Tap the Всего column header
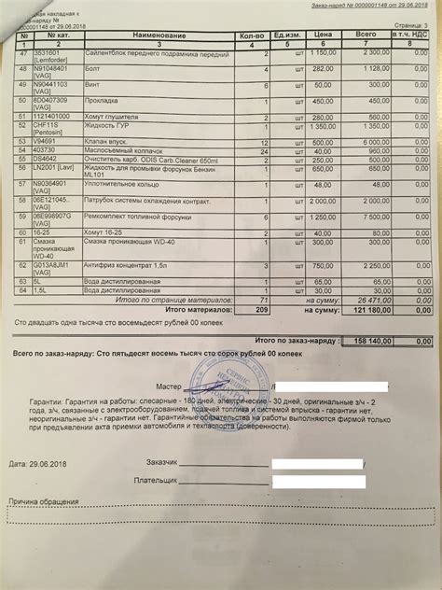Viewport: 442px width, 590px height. coord(368,35)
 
